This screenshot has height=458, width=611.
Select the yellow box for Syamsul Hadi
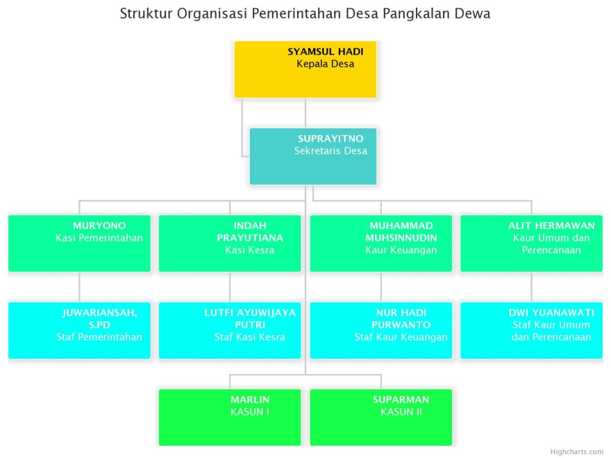(305, 69)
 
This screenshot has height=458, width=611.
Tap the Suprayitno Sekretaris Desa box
(313, 156)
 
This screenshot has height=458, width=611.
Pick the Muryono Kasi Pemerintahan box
(79, 244)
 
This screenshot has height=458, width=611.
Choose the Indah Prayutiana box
(230, 244)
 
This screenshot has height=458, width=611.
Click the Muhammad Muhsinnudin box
(381, 244)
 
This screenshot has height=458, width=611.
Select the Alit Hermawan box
(532, 244)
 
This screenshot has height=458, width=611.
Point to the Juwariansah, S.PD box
(79, 330)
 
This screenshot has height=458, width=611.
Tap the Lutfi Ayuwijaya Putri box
(230, 330)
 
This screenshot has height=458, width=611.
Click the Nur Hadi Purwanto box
(381, 330)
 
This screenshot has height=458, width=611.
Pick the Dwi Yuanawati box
(532, 330)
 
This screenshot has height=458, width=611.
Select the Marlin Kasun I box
(230, 417)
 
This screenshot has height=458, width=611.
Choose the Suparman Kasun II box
(381, 417)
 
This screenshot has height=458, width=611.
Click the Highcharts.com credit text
(577, 452)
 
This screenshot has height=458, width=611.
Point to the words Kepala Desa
(326, 64)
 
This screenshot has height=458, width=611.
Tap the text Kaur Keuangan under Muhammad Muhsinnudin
(401, 250)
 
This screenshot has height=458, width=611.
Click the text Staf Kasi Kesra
(250, 337)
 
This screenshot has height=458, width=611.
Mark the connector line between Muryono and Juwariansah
(79, 287)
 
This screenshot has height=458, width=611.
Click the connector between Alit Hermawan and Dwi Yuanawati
(532, 287)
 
